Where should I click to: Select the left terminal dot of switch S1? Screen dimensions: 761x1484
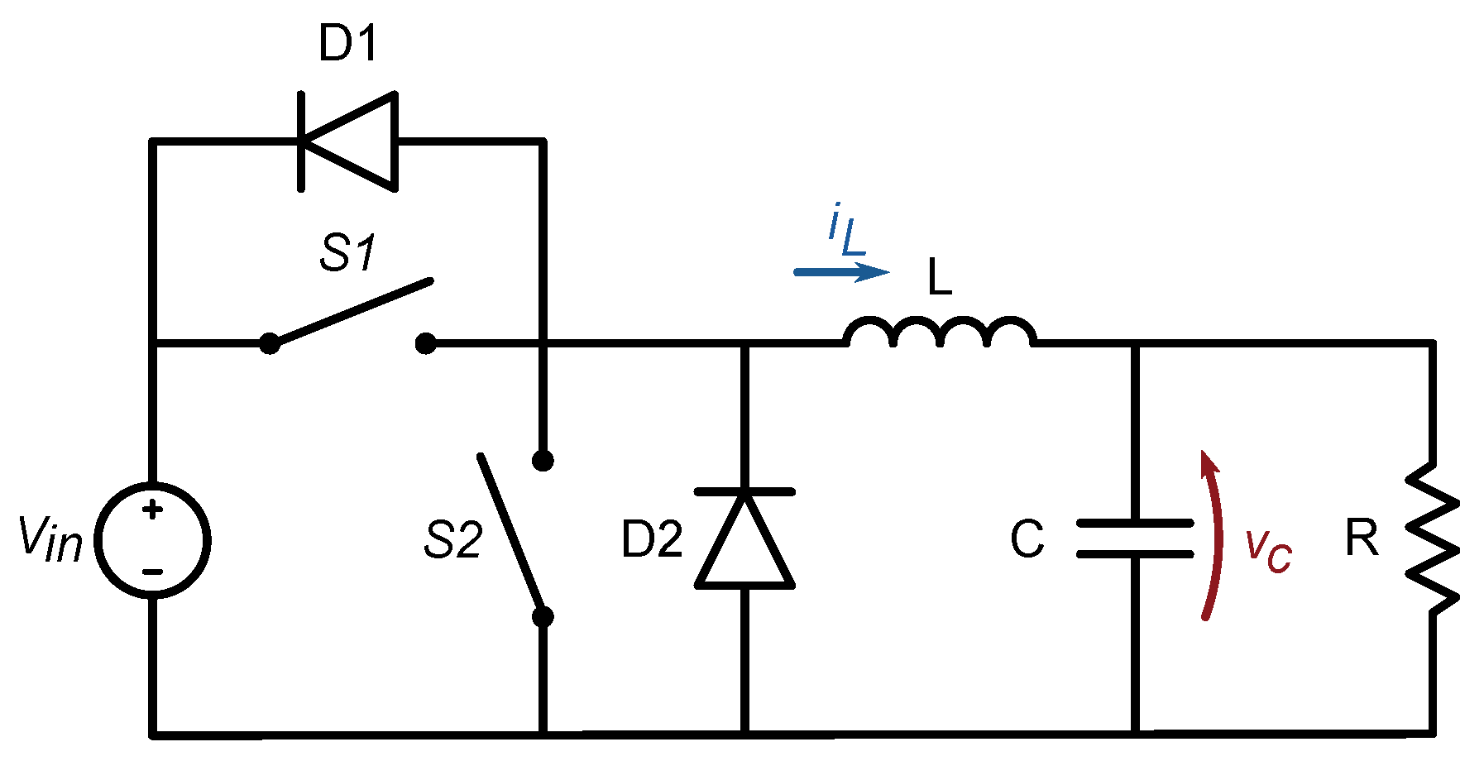269,343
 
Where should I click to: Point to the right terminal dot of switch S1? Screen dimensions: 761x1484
425,343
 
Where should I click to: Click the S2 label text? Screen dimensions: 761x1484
452,540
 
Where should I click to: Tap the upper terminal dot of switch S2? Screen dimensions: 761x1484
543,461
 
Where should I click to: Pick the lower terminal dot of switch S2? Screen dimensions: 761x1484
543,616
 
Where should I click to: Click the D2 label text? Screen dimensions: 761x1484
652,540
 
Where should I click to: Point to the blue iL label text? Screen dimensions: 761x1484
845,231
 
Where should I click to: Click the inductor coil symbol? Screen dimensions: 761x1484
939,331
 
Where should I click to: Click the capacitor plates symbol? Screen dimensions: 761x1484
1135,538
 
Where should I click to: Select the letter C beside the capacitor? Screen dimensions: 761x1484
1027,539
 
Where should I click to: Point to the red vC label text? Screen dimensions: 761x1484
1268,550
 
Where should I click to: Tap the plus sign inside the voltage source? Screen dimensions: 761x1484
152,510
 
